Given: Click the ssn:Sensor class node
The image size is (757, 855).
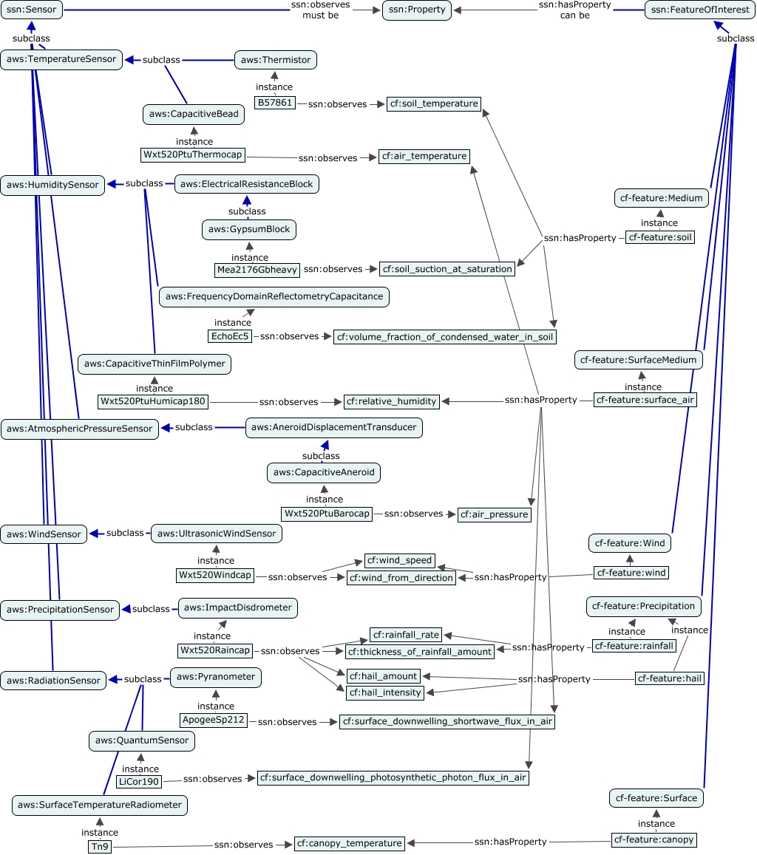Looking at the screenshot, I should click(31, 10).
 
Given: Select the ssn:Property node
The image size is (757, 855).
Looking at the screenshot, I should click(416, 10).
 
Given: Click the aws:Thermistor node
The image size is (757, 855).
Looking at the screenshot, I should click(276, 60).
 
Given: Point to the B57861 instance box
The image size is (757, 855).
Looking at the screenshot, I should click(274, 103).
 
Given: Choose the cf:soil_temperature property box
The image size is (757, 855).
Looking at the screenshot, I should click(434, 104).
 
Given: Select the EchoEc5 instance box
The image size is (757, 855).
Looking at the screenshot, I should click(231, 336).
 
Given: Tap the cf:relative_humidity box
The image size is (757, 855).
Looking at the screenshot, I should click(392, 401).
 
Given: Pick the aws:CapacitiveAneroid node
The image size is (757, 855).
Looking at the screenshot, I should click(325, 472).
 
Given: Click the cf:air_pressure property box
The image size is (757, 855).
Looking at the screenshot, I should click(494, 514).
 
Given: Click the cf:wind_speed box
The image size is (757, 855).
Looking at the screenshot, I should click(399, 560).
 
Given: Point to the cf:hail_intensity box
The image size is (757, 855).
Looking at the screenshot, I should click(385, 692).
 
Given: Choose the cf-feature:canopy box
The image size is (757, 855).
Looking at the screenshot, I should click(654, 840).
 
